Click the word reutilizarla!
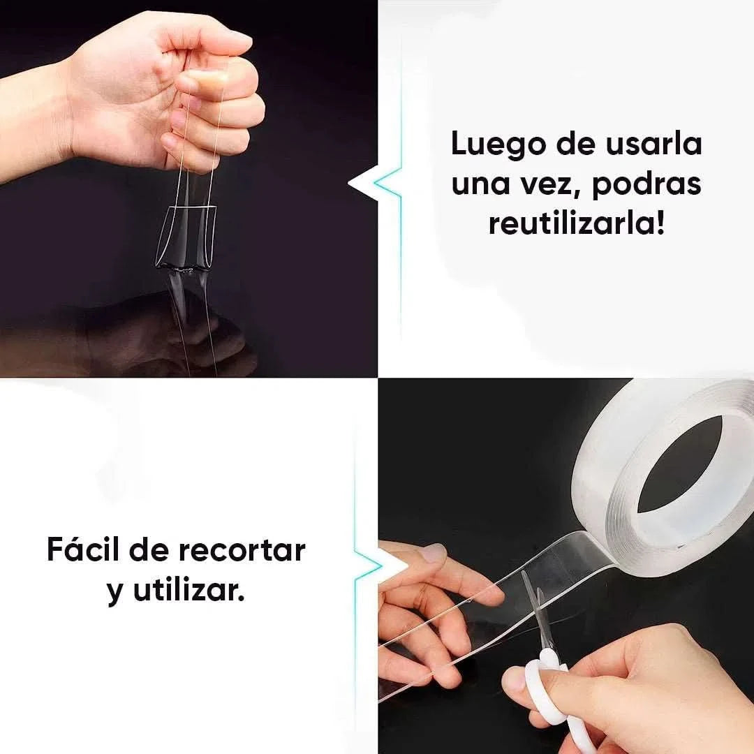pos(576,224)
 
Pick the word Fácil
pos(84,550)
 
